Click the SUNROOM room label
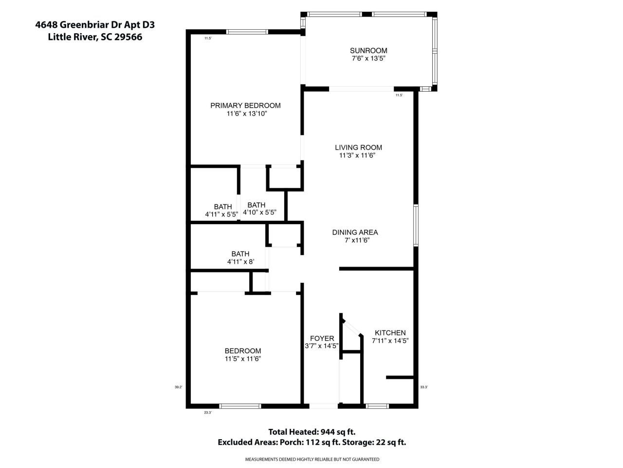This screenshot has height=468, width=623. click(368, 51)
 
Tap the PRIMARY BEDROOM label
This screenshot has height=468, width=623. click(245, 106)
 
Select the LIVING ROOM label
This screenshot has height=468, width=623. click(358, 148)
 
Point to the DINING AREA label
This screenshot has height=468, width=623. click(355, 233)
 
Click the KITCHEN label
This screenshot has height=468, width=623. click(390, 333)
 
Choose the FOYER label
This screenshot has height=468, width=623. click(322, 338)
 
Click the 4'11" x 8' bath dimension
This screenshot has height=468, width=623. click(240, 262)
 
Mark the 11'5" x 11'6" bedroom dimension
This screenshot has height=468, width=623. click(242, 359)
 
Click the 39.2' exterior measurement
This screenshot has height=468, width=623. click(178, 387)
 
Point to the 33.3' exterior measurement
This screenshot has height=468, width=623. click(424, 387)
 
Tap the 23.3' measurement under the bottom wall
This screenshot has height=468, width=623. click(208, 412)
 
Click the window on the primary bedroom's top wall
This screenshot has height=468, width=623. click(247, 32)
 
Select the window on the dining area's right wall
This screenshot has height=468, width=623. click(416, 225)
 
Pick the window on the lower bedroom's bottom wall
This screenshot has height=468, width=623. click(240, 406)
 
